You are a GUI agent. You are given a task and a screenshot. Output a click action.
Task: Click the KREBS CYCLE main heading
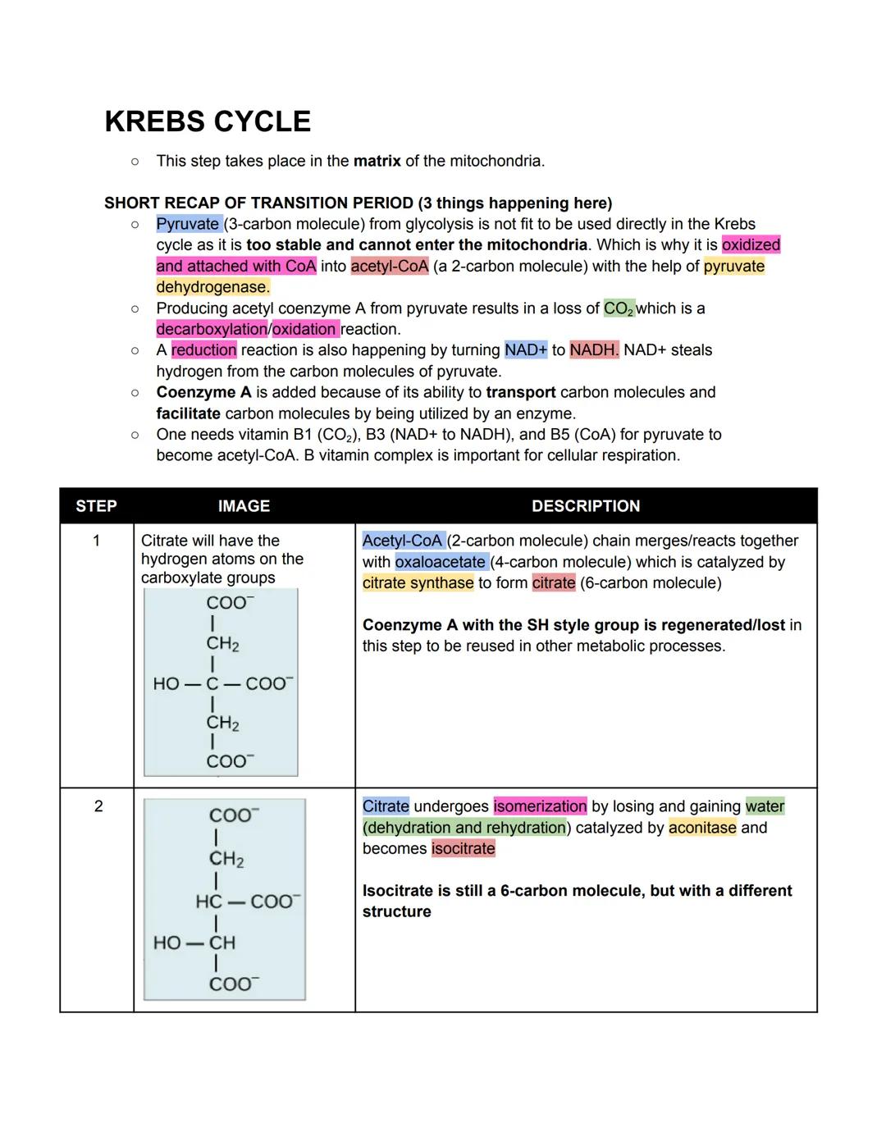[x=208, y=121]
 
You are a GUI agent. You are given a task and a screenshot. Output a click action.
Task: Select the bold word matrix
[x=377, y=161]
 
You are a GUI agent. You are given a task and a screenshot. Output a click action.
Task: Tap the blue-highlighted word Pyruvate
[x=188, y=224]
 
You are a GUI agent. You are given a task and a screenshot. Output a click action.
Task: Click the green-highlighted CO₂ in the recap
[x=619, y=308]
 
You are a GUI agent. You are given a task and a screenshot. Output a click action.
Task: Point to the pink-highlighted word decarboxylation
[x=212, y=329]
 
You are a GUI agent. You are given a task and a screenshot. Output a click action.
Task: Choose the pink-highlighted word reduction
[x=203, y=350]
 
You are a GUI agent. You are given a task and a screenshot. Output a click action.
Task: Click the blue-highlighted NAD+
[x=526, y=350]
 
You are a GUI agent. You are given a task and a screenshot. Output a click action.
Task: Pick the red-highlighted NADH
[x=594, y=350]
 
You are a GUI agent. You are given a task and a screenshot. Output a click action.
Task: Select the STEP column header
[x=96, y=506]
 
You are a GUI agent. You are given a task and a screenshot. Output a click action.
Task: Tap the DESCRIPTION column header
[x=586, y=506]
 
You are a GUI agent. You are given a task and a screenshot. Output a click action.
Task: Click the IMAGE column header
[x=244, y=506]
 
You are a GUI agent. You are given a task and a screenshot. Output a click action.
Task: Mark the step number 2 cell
[x=98, y=806]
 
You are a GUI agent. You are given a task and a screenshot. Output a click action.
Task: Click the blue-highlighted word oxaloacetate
[x=441, y=562]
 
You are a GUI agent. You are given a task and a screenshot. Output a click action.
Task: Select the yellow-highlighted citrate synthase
[x=418, y=583]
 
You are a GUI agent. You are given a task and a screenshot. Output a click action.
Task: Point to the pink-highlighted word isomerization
[x=540, y=806]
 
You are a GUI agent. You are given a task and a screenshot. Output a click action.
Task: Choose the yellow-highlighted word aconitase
[x=702, y=828]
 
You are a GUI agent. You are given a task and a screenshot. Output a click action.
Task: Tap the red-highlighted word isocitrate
[x=464, y=848]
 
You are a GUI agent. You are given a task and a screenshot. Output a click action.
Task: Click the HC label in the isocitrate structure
[x=208, y=902]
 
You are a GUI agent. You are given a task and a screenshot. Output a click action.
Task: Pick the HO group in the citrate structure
[x=166, y=683]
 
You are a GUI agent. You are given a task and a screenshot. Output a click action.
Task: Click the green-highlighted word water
[x=765, y=806]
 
